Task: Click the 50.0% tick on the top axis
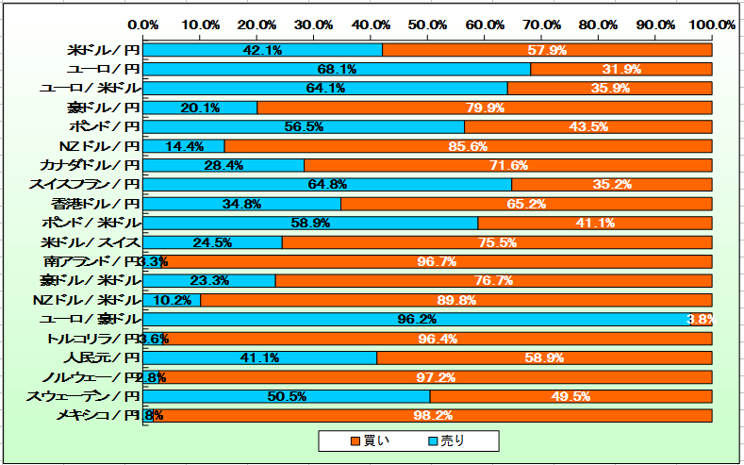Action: [x=427, y=24]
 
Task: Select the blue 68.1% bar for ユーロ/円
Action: [x=337, y=69]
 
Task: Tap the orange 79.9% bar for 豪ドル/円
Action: [x=484, y=108]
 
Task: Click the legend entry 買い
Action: [x=369, y=440]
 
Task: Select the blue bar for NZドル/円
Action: [x=184, y=146]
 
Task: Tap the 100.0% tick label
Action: [x=711, y=24]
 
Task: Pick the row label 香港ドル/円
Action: [x=97, y=204]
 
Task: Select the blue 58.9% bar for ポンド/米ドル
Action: [x=310, y=223]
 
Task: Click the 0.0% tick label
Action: [x=143, y=24]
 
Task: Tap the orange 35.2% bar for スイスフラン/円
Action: [x=611, y=184]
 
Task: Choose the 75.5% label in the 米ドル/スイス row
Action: [x=496, y=242]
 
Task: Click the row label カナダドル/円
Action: [x=91, y=165]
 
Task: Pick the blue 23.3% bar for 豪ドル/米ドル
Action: [x=209, y=280]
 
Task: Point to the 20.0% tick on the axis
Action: [x=256, y=24]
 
